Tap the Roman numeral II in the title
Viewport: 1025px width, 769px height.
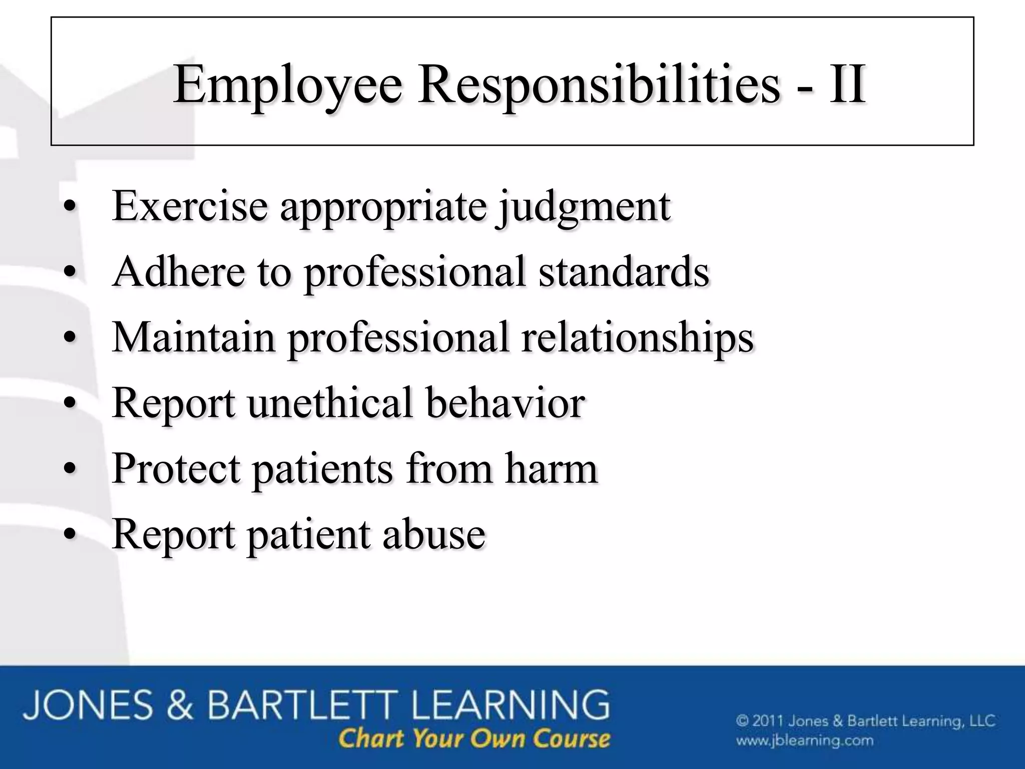847,84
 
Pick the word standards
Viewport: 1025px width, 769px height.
624,271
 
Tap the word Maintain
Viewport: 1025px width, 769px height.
194,337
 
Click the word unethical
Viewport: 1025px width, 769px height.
330,403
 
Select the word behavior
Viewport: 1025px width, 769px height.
505,403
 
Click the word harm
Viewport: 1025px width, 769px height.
551,469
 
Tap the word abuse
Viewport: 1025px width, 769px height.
434,534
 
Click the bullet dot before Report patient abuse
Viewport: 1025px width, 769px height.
71,535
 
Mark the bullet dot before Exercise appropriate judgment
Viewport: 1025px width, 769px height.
71,207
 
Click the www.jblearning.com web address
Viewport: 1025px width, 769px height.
804,740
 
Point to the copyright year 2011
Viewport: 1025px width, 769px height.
768,721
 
